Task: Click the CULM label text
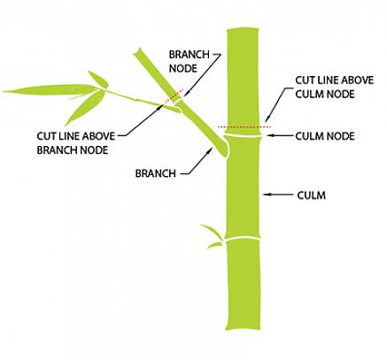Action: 311,195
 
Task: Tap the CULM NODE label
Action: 325,136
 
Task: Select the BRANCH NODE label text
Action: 189,61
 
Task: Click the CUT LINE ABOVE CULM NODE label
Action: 335,88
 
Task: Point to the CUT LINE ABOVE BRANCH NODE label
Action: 76,143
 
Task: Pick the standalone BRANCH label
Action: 156,173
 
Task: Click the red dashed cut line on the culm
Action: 244,126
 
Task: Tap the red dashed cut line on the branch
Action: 174,96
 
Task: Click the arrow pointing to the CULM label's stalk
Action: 278,195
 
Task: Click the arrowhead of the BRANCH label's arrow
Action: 210,150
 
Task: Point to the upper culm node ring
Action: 243,135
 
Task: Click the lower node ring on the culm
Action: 243,238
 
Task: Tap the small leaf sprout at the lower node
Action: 213,236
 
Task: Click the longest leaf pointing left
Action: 50,89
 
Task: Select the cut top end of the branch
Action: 138,51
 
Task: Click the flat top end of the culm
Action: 243,28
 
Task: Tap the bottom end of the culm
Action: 244,328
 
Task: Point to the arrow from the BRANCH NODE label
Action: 202,75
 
